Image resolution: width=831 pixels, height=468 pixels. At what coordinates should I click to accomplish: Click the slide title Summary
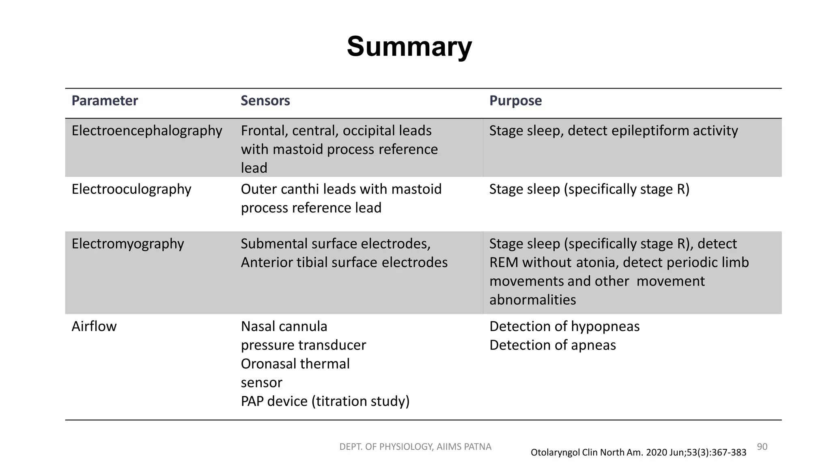point(409,46)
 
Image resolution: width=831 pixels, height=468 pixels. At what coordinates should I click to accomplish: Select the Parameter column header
point(105,101)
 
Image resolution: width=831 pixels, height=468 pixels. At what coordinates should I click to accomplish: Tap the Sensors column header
point(265,101)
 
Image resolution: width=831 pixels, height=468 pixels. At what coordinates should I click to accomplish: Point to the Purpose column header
point(515,101)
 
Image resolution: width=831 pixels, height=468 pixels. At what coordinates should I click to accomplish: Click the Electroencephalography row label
point(147,131)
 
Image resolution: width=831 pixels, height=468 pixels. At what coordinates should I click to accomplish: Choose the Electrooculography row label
point(131,189)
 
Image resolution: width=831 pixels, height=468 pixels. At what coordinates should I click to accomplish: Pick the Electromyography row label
point(127,244)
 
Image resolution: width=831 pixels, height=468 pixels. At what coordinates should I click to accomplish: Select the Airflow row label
point(94,327)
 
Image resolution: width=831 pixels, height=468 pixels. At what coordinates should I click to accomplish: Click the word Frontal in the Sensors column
point(264,131)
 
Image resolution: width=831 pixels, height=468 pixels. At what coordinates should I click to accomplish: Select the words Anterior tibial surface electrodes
point(344,262)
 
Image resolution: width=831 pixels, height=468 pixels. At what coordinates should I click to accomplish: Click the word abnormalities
point(532,300)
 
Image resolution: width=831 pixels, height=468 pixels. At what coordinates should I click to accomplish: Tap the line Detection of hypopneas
point(564,327)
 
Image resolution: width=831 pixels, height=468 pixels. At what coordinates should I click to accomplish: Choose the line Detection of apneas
point(552,345)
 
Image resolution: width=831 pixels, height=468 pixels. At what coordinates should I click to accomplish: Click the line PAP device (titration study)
point(325,401)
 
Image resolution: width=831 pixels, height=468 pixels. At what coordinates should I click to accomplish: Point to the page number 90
point(762,447)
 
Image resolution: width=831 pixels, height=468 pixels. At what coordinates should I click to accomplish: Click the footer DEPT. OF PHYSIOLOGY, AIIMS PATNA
point(415,447)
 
